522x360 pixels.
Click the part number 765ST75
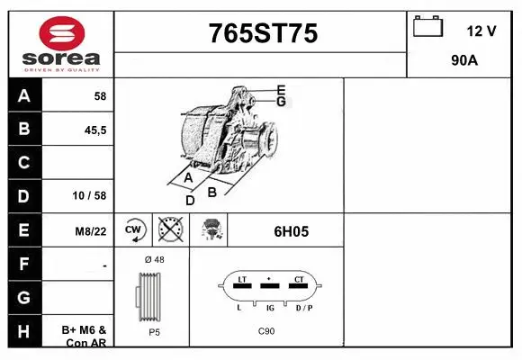[262, 33]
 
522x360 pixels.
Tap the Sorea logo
[60, 44]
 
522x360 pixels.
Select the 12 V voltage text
[481, 31]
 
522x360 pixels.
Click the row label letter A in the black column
[23, 96]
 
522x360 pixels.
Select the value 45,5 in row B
[94, 130]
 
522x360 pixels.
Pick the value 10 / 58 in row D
[92, 195]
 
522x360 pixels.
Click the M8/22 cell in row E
[91, 230]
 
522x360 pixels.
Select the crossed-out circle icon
[169, 230]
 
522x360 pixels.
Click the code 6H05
[291, 231]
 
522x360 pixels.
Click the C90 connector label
[266, 332]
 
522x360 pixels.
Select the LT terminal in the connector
[240, 281]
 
